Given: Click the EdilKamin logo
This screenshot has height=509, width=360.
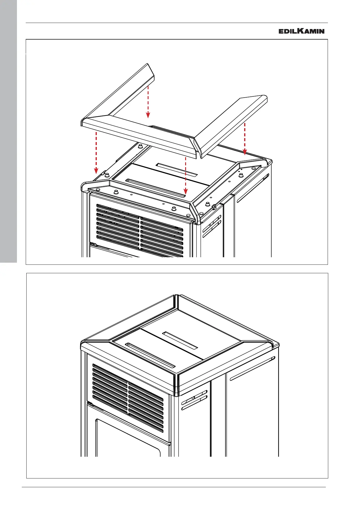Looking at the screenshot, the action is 301,31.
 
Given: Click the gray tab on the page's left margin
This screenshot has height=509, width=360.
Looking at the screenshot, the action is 8,130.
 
